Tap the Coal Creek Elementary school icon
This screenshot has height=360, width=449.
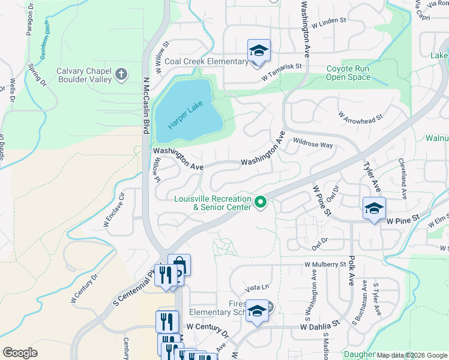[259, 50]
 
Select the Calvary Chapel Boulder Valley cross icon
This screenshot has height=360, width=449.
[121, 74]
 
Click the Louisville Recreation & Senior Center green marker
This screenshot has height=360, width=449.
[261, 203]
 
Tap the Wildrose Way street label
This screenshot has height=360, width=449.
[313, 145]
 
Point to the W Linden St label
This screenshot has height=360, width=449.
[329, 23]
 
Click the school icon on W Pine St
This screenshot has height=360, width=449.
[374, 209]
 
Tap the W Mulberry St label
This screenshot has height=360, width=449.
[325, 264]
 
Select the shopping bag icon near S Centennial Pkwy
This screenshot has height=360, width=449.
[179, 265]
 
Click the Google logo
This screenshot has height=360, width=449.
[20, 353]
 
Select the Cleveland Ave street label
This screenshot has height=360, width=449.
[403, 179]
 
